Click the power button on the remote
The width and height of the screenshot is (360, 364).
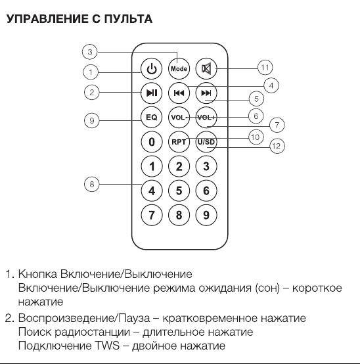coord(152,69)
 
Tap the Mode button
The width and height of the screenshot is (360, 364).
coord(179,69)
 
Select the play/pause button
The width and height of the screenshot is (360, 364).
coord(152,93)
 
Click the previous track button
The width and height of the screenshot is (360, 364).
coord(179,93)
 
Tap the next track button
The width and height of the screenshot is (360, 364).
coord(206,93)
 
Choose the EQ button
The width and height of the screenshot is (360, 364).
coord(152,118)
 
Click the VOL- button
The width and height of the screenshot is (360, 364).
coord(179,118)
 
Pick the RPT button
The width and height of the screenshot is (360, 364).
coord(179,142)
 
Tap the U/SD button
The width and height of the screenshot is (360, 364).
coord(206,142)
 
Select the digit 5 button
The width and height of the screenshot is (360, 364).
coord(179,191)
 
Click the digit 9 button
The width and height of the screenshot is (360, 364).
coord(206,215)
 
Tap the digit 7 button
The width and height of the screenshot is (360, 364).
coord(152,215)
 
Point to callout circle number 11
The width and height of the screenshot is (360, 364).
coord(265,68)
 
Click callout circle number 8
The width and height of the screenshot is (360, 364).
coord(92,185)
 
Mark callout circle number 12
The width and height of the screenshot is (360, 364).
coord(277,146)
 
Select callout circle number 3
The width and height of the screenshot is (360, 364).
coord(90,52)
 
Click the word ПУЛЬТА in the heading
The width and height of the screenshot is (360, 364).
coord(128,19)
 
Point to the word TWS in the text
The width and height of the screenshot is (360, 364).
coord(107,346)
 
